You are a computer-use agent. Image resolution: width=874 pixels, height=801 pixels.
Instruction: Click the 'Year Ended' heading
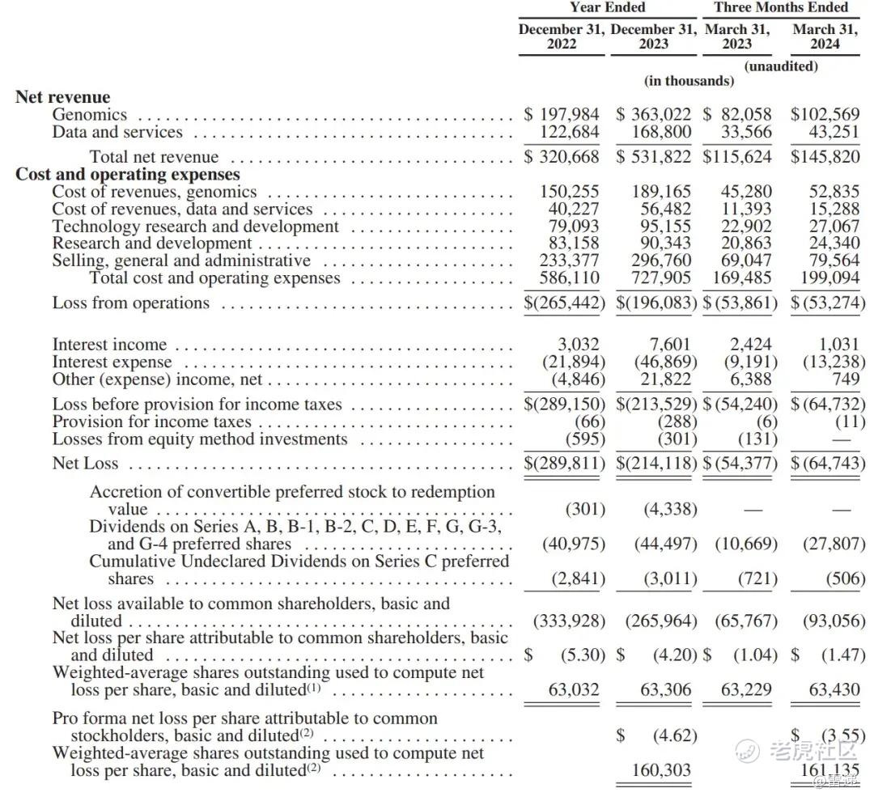click(x=607, y=7)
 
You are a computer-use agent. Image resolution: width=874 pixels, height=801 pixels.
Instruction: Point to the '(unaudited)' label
click(x=780, y=66)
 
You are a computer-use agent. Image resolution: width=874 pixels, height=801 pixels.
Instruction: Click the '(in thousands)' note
click(x=689, y=81)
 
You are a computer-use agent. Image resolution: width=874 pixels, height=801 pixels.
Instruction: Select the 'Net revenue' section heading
click(x=62, y=98)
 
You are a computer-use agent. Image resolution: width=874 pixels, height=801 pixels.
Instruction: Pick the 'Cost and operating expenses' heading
click(x=128, y=175)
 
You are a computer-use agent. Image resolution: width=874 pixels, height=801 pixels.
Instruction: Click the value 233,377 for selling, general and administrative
click(x=570, y=261)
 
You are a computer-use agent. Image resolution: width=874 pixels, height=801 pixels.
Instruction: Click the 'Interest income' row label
click(x=109, y=345)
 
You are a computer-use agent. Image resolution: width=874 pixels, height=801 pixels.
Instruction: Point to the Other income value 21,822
click(x=665, y=379)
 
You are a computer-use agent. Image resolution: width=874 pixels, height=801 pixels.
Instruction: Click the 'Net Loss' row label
click(x=85, y=464)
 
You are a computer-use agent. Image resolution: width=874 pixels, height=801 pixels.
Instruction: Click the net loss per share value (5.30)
click(x=583, y=655)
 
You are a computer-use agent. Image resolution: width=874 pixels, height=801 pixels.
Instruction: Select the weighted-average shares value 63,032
click(x=571, y=689)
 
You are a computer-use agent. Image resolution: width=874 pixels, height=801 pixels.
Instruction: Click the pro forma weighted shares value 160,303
click(x=662, y=769)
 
